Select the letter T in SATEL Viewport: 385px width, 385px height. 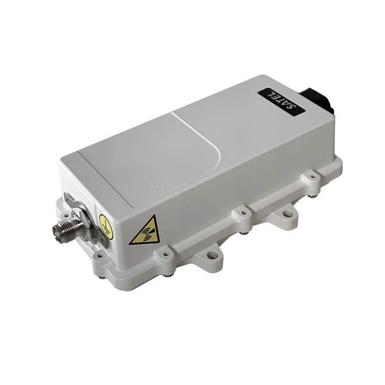point(282,101)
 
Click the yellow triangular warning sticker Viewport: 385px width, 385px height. point(144,231)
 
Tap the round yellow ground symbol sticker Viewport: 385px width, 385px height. point(106,227)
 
